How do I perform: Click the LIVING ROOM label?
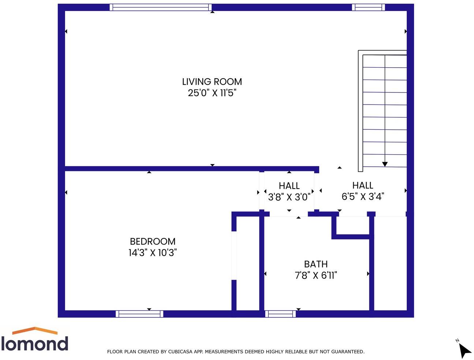212,82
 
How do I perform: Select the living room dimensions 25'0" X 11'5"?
212,93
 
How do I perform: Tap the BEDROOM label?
153,241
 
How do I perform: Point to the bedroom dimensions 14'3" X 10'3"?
153,253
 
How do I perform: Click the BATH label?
316,264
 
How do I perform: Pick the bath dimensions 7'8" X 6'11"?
316,275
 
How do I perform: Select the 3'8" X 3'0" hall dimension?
289,197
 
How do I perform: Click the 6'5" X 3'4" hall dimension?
362,197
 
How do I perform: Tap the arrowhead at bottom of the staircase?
385,164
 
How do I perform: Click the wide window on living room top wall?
161,7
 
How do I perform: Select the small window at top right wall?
368,7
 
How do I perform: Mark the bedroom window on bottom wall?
139,314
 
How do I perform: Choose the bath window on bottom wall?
280,314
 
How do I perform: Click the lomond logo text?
35,344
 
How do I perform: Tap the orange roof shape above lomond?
35,330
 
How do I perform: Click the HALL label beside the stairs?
362,185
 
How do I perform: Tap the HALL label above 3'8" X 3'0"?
289,186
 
